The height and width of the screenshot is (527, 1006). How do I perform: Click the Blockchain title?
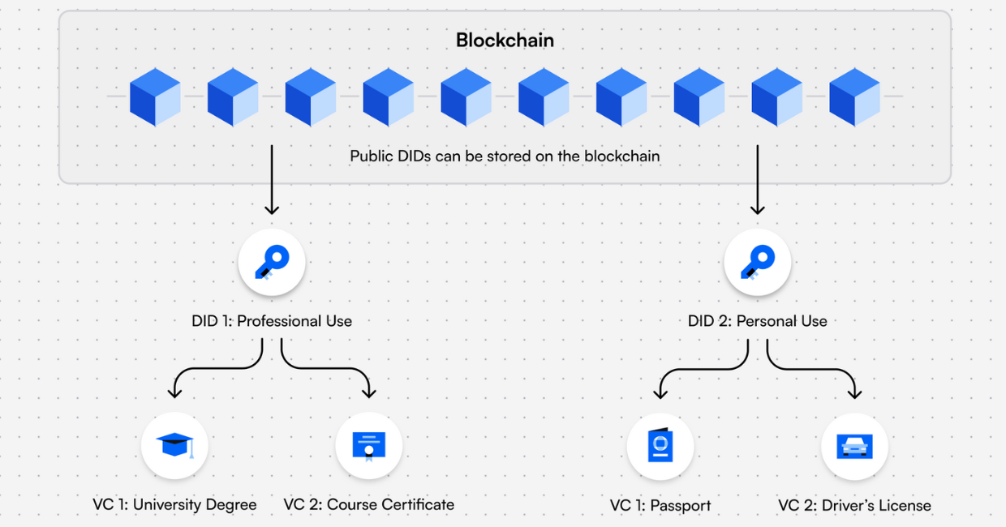click(x=505, y=40)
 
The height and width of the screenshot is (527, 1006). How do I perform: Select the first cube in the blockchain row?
click(x=155, y=96)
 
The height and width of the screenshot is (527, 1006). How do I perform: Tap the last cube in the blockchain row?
click(x=854, y=96)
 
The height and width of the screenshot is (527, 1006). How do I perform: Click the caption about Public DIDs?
click(x=505, y=156)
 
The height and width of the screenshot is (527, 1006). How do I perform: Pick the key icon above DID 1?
click(x=272, y=261)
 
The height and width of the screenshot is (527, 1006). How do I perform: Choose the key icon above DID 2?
click(x=757, y=261)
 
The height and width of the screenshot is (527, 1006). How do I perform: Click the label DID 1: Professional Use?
click(x=272, y=321)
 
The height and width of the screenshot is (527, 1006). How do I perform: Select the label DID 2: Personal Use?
click(x=757, y=321)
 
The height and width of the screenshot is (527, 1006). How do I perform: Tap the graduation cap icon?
click(x=174, y=445)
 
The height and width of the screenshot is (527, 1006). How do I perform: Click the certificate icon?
click(x=369, y=445)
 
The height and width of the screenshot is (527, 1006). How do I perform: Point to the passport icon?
click(x=660, y=447)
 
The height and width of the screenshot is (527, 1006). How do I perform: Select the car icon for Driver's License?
click(x=854, y=446)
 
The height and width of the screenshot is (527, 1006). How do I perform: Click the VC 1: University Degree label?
click(x=174, y=505)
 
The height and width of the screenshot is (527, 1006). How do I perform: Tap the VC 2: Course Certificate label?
click(x=369, y=505)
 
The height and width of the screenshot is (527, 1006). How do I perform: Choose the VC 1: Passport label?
click(x=660, y=506)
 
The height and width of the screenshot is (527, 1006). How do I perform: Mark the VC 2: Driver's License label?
click(x=854, y=506)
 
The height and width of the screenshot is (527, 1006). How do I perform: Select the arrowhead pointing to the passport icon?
click(x=660, y=392)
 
